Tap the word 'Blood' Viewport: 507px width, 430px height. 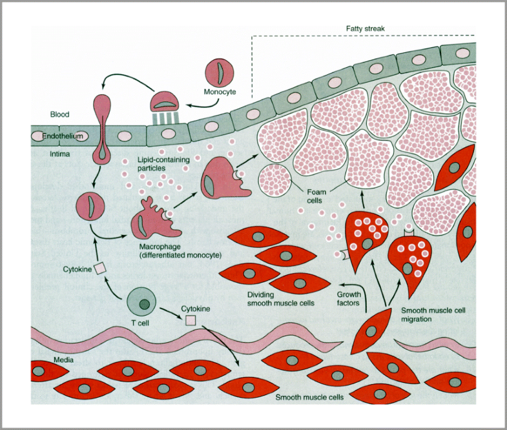pos(59,114)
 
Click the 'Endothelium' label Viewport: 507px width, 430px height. pos(61,137)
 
